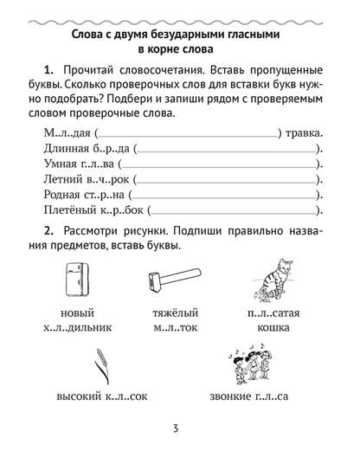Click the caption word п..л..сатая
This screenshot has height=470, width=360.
267,312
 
